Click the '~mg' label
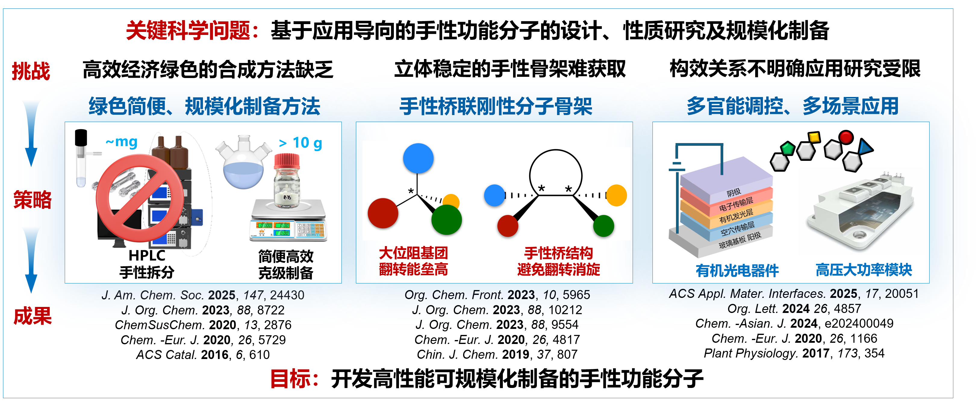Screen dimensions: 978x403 [x=121, y=142]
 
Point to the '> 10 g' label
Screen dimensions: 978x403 [x=300, y=143]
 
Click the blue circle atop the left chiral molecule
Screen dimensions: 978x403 [x=418, y=158]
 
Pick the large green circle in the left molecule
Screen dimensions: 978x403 [x=447, y=220]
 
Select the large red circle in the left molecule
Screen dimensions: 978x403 [x=383, y=213]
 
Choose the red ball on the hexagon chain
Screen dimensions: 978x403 [x=846, y=137]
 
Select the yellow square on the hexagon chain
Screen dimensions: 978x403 [x=814, y=137]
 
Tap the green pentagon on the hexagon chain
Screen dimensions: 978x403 [x=787, y=148]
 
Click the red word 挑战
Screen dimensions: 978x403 [x=31, y=71]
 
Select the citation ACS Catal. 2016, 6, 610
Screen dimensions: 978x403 [x=203, y=355]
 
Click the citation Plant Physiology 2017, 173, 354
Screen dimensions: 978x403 [x=794, y=353]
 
